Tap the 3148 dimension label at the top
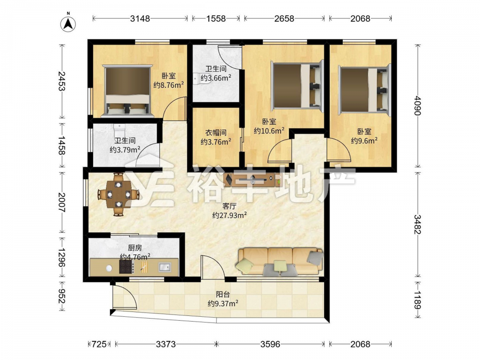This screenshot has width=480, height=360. tap(140, 19)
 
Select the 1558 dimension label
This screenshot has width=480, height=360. tap(216, 19)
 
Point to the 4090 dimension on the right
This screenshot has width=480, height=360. tap(417, 106)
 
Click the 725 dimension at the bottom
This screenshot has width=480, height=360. tap(99, 344)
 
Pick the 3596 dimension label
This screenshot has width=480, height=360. tap(270, 344)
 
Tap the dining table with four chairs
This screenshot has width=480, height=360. tap(118, 194)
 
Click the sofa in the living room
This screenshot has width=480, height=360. tap(280, 261)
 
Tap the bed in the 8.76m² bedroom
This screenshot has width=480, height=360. tap(128, 91)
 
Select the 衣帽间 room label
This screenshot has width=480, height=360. tap(216, 132)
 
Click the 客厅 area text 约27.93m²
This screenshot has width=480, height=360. tap(229, 215)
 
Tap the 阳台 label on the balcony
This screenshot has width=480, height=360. tap(223, 295)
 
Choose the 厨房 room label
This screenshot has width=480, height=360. tap(135, 248)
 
